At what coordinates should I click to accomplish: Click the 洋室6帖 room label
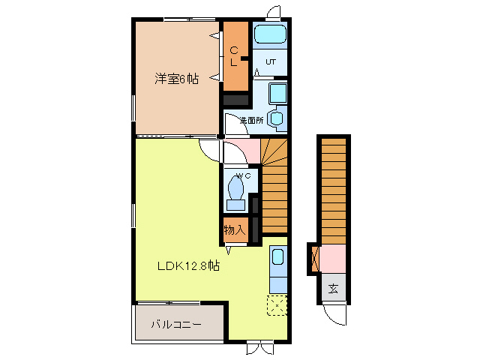click(x=177, y=78)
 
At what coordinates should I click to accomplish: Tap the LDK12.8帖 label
click(x=187, y=265)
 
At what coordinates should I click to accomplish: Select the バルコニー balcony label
click(x=175, y=325)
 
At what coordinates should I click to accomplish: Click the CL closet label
click(x=235, y=56)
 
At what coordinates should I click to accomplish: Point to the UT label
click(x=271, y=62)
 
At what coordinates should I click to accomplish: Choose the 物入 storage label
click(x=234, y=229)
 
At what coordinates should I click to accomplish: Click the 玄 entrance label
click(x=333, y=288)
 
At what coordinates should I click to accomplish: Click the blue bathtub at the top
click(x=269, y=35)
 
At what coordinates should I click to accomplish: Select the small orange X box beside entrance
click(x=314, y=258)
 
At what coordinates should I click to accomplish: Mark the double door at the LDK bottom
click(x=259, y=347)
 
